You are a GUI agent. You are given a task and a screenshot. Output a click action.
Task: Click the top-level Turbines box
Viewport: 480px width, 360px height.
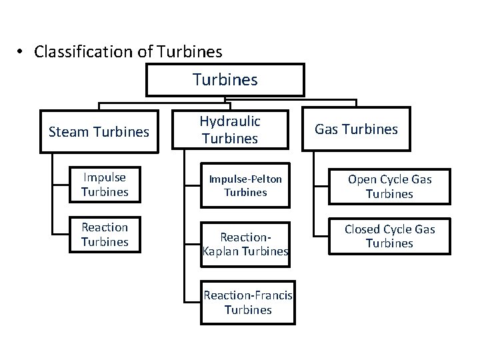[x=225, y=80]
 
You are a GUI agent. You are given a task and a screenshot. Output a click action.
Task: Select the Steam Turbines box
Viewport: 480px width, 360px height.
[x=99, y=132]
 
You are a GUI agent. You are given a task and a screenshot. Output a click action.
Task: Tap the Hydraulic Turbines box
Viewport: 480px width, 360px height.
[x=230, y=130]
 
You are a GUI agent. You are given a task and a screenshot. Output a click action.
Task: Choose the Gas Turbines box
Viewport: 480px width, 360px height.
[x=356, y=129]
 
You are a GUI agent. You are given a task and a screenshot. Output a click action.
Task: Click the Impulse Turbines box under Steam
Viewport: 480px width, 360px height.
[x=105, y=185]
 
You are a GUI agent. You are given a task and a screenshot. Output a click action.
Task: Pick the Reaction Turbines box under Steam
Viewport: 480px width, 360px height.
[x=105, y=235]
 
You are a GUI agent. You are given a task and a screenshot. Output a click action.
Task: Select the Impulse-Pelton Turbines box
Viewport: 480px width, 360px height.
[x=245, y=186]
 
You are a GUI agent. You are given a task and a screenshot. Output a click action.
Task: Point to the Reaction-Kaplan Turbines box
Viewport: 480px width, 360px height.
[x=245, y=244]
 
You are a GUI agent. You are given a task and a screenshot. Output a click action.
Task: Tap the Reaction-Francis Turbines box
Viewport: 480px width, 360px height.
[x=248, y=303]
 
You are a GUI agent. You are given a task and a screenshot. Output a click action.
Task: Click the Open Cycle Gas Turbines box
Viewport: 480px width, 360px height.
[x=389, y=187]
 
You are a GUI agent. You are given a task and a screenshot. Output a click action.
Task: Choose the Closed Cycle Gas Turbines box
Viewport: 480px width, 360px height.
[x=389, y=236]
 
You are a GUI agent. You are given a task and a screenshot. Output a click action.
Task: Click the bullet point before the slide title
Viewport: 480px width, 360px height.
[x=22, y=52]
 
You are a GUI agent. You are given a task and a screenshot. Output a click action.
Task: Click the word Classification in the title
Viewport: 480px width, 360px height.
[x=73, y=51]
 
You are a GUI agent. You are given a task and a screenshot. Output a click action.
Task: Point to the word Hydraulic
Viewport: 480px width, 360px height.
[x=230, y=122]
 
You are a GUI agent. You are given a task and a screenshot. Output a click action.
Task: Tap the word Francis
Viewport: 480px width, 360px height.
[x=273, y=295]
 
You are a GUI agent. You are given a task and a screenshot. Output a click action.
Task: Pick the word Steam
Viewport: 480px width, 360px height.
[x=67, y=132]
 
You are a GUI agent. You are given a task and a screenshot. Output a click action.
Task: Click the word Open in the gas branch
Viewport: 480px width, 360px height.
[x=362, y=179]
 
